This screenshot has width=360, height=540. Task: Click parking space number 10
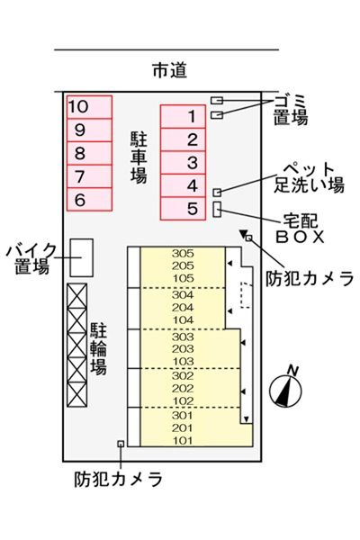(90, 107)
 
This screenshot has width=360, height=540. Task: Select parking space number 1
(183, 116)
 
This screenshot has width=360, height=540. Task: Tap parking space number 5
(183, 209)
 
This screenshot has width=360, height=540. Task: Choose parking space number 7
(90, 176)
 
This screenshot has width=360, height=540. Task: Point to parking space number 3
(183, 162)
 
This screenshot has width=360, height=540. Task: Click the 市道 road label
(170, 70)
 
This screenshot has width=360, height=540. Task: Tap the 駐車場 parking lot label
(139, 157)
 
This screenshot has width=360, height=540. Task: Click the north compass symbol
(286, 388)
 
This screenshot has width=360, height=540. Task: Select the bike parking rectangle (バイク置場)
(82, 257)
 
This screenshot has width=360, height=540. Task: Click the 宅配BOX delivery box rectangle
(217, 210)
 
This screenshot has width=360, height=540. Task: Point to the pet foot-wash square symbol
(217, 193)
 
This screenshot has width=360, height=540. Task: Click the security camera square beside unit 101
(121, 444)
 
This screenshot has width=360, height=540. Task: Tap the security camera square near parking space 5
(248, 238)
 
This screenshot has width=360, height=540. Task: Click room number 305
(183, 254)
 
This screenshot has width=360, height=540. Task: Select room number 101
(183, 440)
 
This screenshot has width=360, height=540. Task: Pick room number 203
(183, 349)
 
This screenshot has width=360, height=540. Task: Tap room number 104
(183, 319)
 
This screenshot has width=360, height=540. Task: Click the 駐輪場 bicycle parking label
(98, 348)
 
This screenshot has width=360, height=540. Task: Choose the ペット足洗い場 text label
(309, 177)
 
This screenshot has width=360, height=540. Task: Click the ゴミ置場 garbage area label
(291, 110)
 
